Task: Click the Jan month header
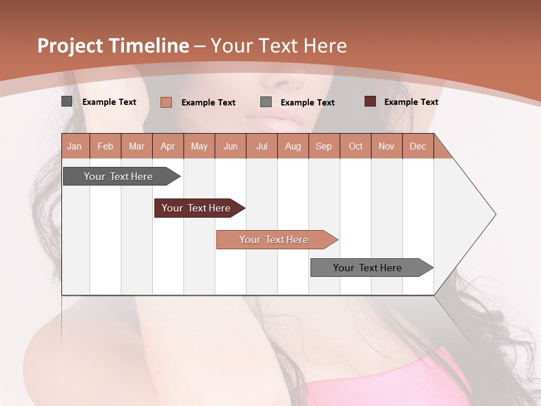[74, 146]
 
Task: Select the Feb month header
[105, 146]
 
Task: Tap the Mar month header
[136, 146]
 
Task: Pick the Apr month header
[168, 146]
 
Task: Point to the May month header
[199, 146]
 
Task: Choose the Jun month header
[230, 146]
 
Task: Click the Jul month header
[261, 146]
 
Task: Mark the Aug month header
[293, 146]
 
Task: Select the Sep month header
[324, 146]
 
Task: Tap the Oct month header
[356, 146]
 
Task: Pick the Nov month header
[387, 146]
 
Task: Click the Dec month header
[418, 146]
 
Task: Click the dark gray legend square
[66, 101]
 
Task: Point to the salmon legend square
[166, 102]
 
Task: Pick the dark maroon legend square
[370, 101]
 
